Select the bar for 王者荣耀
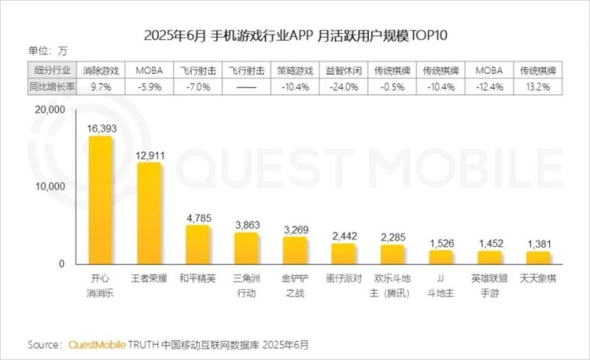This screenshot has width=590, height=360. pos(149,213)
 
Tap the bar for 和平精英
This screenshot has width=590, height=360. pos(198,244)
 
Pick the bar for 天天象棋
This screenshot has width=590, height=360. pos(538,257)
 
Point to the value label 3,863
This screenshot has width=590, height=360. pos(246,224)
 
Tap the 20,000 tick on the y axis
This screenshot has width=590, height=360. pos(50,110)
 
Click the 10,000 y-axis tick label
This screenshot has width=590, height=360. pos(50,187)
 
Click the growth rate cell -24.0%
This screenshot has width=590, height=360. pos(344,86)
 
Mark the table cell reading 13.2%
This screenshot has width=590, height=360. pos(538,86)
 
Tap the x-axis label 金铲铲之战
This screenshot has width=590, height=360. pos(295,285)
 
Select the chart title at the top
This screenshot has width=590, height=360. pos(295,35)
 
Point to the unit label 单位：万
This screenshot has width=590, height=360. pos(47,51)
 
